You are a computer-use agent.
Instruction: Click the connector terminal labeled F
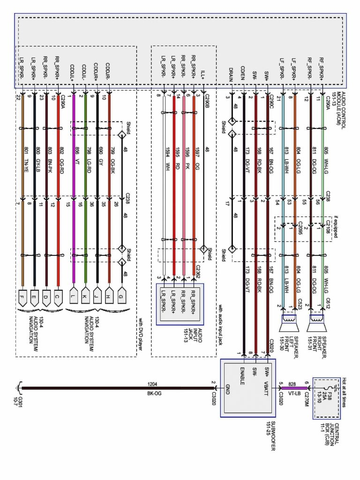[22, 296]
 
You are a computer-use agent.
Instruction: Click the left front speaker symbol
[289, 321]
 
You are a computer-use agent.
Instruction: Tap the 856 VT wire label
[78, 153]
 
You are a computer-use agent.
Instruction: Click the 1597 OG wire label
[197, 153]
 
